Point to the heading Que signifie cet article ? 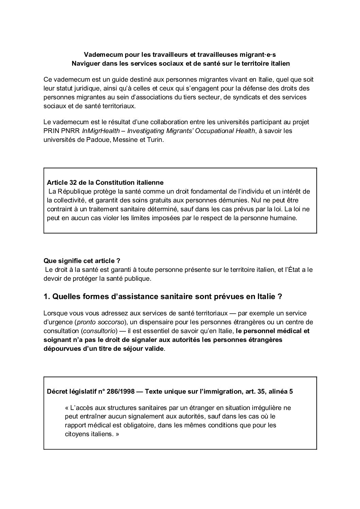tap(82, 261)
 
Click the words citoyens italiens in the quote tap(87, 434)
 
